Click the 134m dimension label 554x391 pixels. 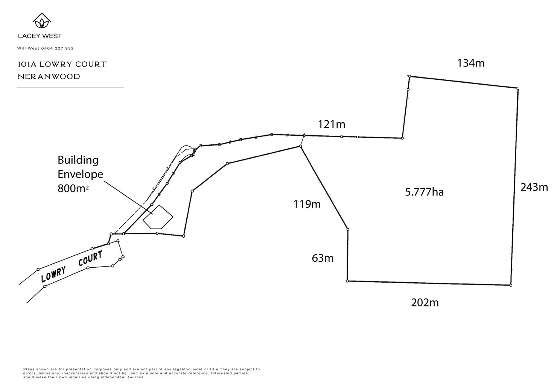tap(470, 63)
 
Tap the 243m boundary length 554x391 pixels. tap(534, 187)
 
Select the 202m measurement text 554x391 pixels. tap(425, 302)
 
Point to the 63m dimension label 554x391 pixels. tap(323, 258)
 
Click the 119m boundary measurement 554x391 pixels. tap(307, 204)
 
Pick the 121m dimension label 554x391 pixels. tap(331, 124)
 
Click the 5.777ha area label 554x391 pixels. tap(424, 192)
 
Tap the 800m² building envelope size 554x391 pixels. tap(73, 188)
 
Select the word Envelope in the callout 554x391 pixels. tap(80, 174)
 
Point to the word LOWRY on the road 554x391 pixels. tap(53, 274)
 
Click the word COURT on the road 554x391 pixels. tap(90, 259)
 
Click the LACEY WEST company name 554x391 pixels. tap(40, 36)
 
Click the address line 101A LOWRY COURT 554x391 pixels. tap(62, 64)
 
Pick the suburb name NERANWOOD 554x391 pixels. tap(49, 77)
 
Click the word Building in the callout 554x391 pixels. tap(78, 160)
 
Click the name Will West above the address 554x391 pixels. tap(26, 48)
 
